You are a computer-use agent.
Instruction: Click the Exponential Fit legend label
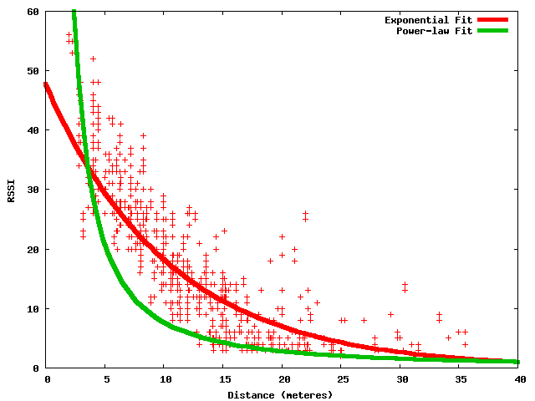click(x=429, y=19)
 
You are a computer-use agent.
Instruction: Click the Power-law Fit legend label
click(x=435, y=31)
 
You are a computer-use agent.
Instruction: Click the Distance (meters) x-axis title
click(x=283, y=393)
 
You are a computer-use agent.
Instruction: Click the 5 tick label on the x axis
click(x=106, y=379)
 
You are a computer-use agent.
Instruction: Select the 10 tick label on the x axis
click(x=165, y=379)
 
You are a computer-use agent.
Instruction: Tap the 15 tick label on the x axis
click(x=224, y=379)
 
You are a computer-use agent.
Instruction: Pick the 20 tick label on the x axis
click(x=283, y=379)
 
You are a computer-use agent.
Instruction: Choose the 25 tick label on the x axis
click(x=342, y=379)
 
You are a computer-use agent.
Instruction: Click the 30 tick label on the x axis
click(x=400, y=379)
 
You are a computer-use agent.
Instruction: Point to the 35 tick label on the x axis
click(x=460, y=379)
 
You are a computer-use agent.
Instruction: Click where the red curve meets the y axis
click(x=48, y=84)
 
